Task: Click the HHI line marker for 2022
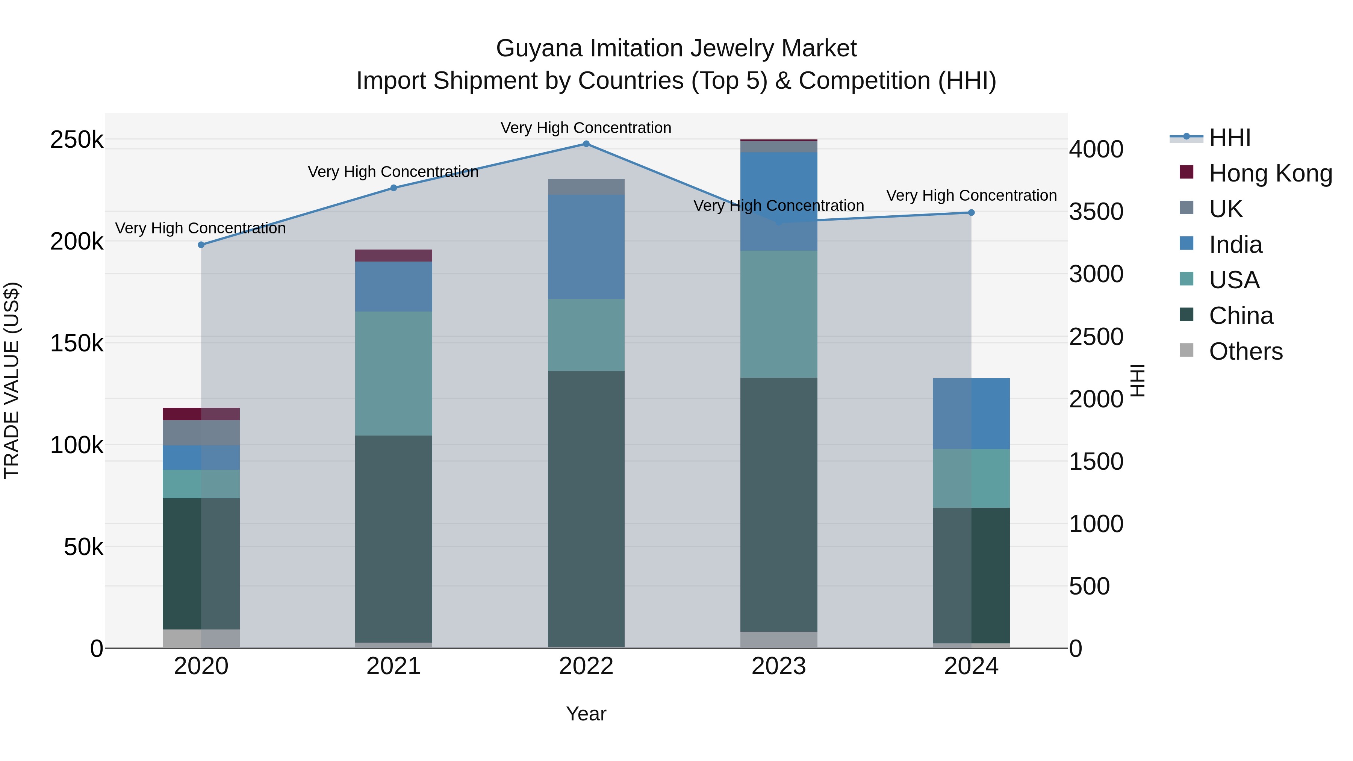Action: pyautogui.click(x=586, y=144)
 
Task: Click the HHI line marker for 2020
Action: pyautogui.click(x=201, y=245)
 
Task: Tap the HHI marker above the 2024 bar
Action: pyautogui.click(x=971, y=213)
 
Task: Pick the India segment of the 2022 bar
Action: pyautogui.click(x=586, y=247)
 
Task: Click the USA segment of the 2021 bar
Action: pyautogui.click(x=393, y=374)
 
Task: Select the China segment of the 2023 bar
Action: pyautogui.click(x=779, y=504)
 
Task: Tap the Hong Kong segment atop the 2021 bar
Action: pyautogui.click(x=393, y=256)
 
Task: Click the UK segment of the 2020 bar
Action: pyautogui.click(x=201, y=433)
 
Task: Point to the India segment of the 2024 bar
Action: pyautogui.click(x=971, y=413)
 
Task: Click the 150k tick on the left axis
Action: pyautogui.click(x=77, y=343)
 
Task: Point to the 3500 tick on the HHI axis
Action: pyautogui.click(x=1096, y=212)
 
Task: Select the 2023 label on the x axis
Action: pyautogui.click(x=779, y=666)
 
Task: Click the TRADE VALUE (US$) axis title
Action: pyautogui.click(x=12, y=380)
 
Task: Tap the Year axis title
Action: pyautogui.click(x=586, y=714)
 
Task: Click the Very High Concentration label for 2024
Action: pyautogui.click(x=971, y=195)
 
